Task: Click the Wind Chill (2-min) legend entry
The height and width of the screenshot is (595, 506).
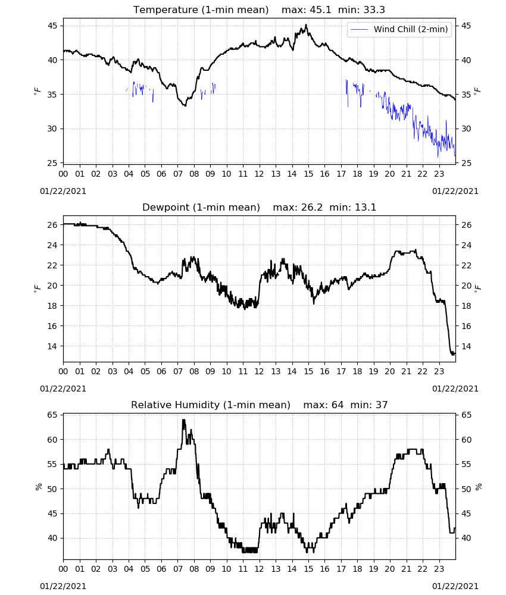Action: [x=399, y=29]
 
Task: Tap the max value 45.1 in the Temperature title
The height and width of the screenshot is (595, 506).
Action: [x=321, y=10]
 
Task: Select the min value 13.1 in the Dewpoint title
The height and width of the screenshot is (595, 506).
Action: [x=365, y=207]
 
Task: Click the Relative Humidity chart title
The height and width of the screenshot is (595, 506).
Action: [x=211, y=405]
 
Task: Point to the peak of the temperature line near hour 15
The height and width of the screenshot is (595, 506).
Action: [x=306, y=24]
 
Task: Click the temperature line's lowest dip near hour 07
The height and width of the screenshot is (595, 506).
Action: [x=185, y=105]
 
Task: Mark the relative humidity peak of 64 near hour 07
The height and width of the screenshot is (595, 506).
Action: [x=184, y=419]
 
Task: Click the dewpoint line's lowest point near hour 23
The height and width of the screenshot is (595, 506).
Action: [x=452, y=355]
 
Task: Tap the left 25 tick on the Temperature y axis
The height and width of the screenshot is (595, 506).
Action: [x=52, y=163]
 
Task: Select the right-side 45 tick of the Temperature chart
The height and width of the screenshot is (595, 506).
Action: [x=466, y=26]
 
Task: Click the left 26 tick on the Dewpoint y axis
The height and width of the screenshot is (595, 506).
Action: [x=52, y=225]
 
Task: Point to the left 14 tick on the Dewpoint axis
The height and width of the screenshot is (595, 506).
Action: [x=52, y=346]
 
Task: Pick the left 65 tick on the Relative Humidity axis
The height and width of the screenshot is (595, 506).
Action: [x=52, y=415]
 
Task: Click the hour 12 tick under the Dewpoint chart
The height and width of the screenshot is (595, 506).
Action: [x=260, y=371]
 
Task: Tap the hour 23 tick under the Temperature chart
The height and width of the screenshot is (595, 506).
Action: [x=439, y=174]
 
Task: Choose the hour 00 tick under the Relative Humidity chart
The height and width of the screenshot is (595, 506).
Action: [x=63, y=569]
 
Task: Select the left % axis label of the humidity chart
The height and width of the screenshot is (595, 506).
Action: [x=38, y=487]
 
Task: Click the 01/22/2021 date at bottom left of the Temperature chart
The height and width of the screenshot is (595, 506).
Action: [x=63, y=191]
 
